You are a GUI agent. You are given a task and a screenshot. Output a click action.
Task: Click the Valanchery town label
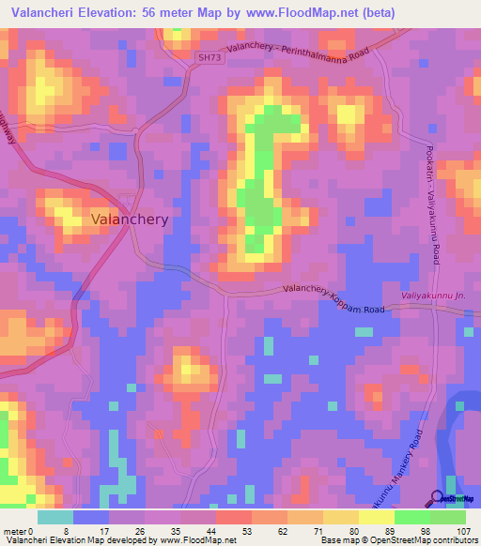click(130, 219)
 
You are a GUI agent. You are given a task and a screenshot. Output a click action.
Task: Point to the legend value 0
click(31, 530)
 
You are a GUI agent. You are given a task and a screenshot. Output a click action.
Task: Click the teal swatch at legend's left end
click(54, 517)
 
